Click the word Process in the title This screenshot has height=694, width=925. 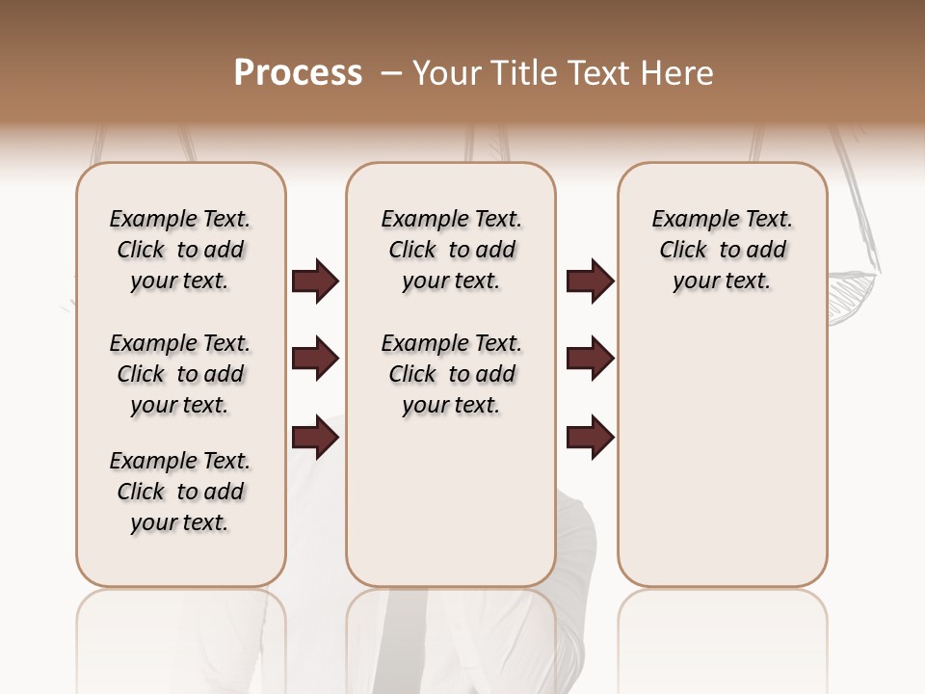[298, 73]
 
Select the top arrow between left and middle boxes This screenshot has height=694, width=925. [315, 281]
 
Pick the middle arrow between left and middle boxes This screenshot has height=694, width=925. [315, 360]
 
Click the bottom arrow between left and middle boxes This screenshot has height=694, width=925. [315, 438]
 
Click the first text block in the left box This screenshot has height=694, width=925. [180, 250]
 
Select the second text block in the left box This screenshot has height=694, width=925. [180, 374]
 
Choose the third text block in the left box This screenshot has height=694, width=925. [180, 492]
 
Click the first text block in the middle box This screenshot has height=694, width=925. [452, 250]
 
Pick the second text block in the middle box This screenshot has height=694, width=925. [452, 374]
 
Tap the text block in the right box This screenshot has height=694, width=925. [723, 250]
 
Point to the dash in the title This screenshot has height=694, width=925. [391, 74]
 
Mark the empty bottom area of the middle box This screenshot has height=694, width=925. [451, 511]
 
